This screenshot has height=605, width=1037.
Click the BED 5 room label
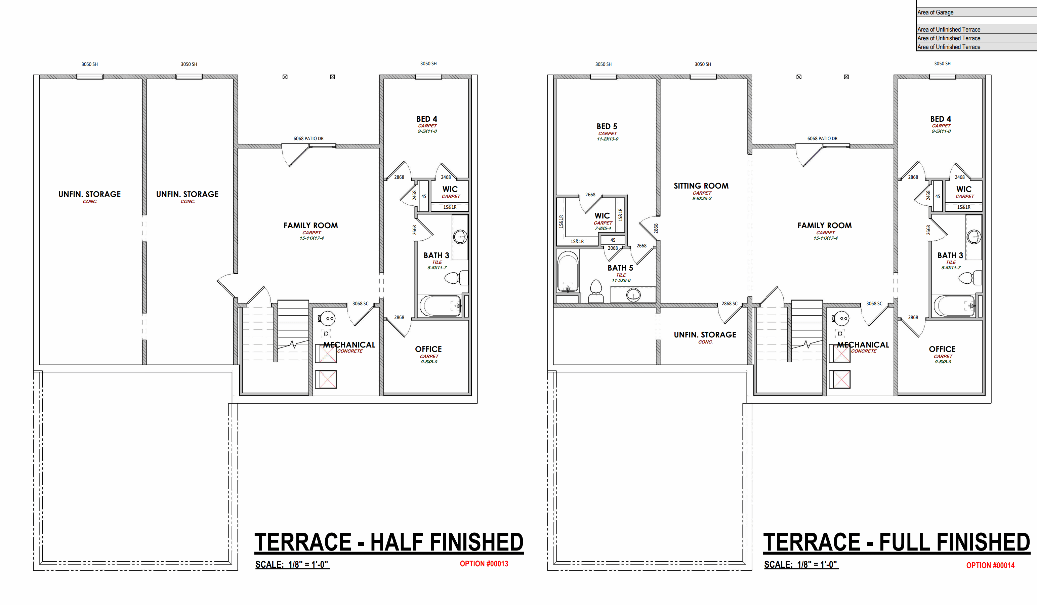point(607,126)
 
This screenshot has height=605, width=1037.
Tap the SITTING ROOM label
point(701,186)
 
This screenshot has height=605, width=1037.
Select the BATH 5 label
point(621,268)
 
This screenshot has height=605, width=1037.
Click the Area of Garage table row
point(977,12)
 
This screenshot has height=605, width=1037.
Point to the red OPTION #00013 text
point(484,564)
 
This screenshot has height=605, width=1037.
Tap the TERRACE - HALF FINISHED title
point(389,542)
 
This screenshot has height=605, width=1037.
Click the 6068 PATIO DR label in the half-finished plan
point(308,139)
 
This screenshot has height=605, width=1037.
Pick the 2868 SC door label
point(730,304)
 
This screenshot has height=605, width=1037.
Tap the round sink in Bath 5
point(633,295)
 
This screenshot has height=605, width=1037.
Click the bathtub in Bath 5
point(568,272)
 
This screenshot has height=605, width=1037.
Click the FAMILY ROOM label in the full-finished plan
point(825,226)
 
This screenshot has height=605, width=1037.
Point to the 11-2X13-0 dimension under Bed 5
point(608,139)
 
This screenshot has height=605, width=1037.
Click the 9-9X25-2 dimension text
point(702,198)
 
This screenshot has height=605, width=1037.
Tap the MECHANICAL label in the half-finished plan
point(349,345)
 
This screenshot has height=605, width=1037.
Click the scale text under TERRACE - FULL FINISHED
point(801,565)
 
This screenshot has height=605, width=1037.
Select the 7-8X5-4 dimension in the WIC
point(603,229)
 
